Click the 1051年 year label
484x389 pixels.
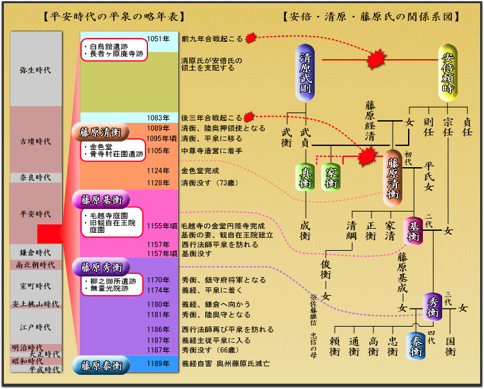[x=158, y=39]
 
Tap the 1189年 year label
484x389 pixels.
[x=158, y=364]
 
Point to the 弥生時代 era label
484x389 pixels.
[x=35, y=69]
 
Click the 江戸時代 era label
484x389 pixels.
[x=35, y=327]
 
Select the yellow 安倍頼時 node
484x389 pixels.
[x=448, y=73]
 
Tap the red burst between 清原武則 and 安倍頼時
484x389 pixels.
[x=376, y=61]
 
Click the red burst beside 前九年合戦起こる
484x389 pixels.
[x=252, y=39]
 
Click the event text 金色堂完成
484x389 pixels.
[x=200, y=171]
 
